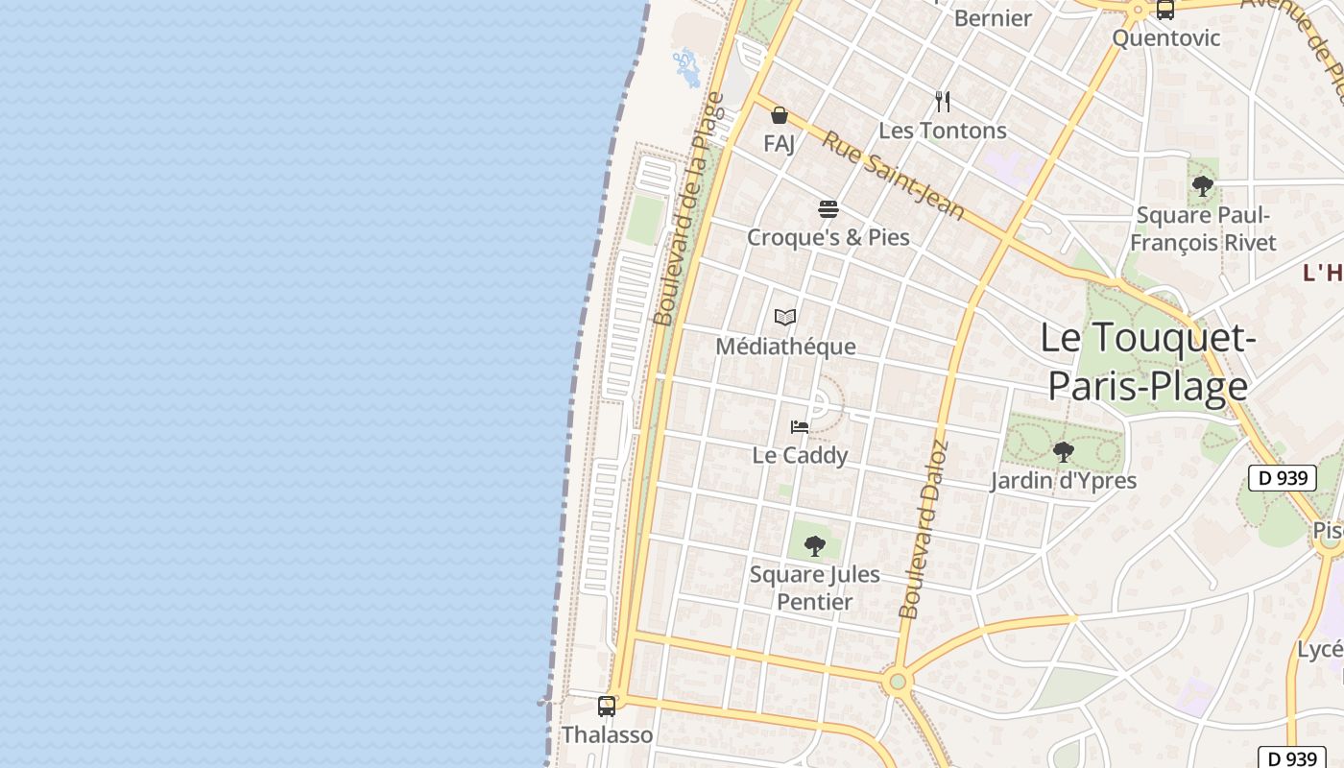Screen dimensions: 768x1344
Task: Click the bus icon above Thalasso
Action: (607, 707)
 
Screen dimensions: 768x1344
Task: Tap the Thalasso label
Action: (607, 735)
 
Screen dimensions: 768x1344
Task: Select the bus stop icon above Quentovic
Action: (1164, 11)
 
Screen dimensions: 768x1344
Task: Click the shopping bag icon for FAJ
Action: (780, 116)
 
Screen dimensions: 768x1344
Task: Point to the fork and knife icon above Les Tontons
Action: (943, 102)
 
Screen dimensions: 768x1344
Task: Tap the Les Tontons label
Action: (943, 131)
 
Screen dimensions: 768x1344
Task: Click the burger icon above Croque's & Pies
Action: (828, 208)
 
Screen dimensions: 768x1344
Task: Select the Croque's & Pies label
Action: (828, 237)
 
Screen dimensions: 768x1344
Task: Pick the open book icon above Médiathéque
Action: (785, 317)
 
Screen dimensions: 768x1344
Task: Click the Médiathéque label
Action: (785, 347)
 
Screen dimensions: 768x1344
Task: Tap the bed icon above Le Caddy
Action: (800, 426)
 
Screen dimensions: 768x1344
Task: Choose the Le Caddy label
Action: (800, 455)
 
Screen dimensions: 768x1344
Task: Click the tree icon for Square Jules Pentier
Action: (815, 546)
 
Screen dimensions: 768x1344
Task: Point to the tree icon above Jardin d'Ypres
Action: (1063, 451)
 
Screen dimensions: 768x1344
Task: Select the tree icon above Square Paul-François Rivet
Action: (1202, 186)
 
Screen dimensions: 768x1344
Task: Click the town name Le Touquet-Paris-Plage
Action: (1148, 362)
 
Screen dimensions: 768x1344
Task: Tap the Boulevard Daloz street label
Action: (924, 529)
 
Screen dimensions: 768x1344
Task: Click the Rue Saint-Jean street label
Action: (893, 175)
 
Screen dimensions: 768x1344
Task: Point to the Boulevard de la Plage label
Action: (687, 208)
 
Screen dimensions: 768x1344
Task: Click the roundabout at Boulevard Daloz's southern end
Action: (898, 682)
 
